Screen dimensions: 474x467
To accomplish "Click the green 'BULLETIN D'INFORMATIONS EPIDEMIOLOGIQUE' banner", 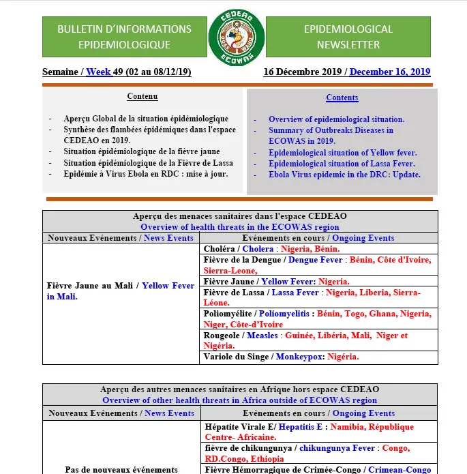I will (124, 37).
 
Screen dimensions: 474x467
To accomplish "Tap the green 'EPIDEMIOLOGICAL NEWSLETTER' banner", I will (348, 37).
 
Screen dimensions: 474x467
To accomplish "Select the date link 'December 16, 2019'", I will (390, 72).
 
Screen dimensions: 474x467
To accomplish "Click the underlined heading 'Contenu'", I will (142, 97).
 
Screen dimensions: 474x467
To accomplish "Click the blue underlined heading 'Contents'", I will (342, 98).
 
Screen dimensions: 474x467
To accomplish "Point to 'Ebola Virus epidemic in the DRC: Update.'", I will (344, 175).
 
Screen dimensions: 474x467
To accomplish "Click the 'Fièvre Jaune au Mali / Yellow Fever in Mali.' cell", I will (121, 291).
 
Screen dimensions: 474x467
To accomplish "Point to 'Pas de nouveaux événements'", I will (120, 469).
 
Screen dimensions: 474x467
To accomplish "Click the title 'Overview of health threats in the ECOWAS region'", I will (239, 227).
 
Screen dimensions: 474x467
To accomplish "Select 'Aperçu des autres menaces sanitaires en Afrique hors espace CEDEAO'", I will (239, 389).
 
